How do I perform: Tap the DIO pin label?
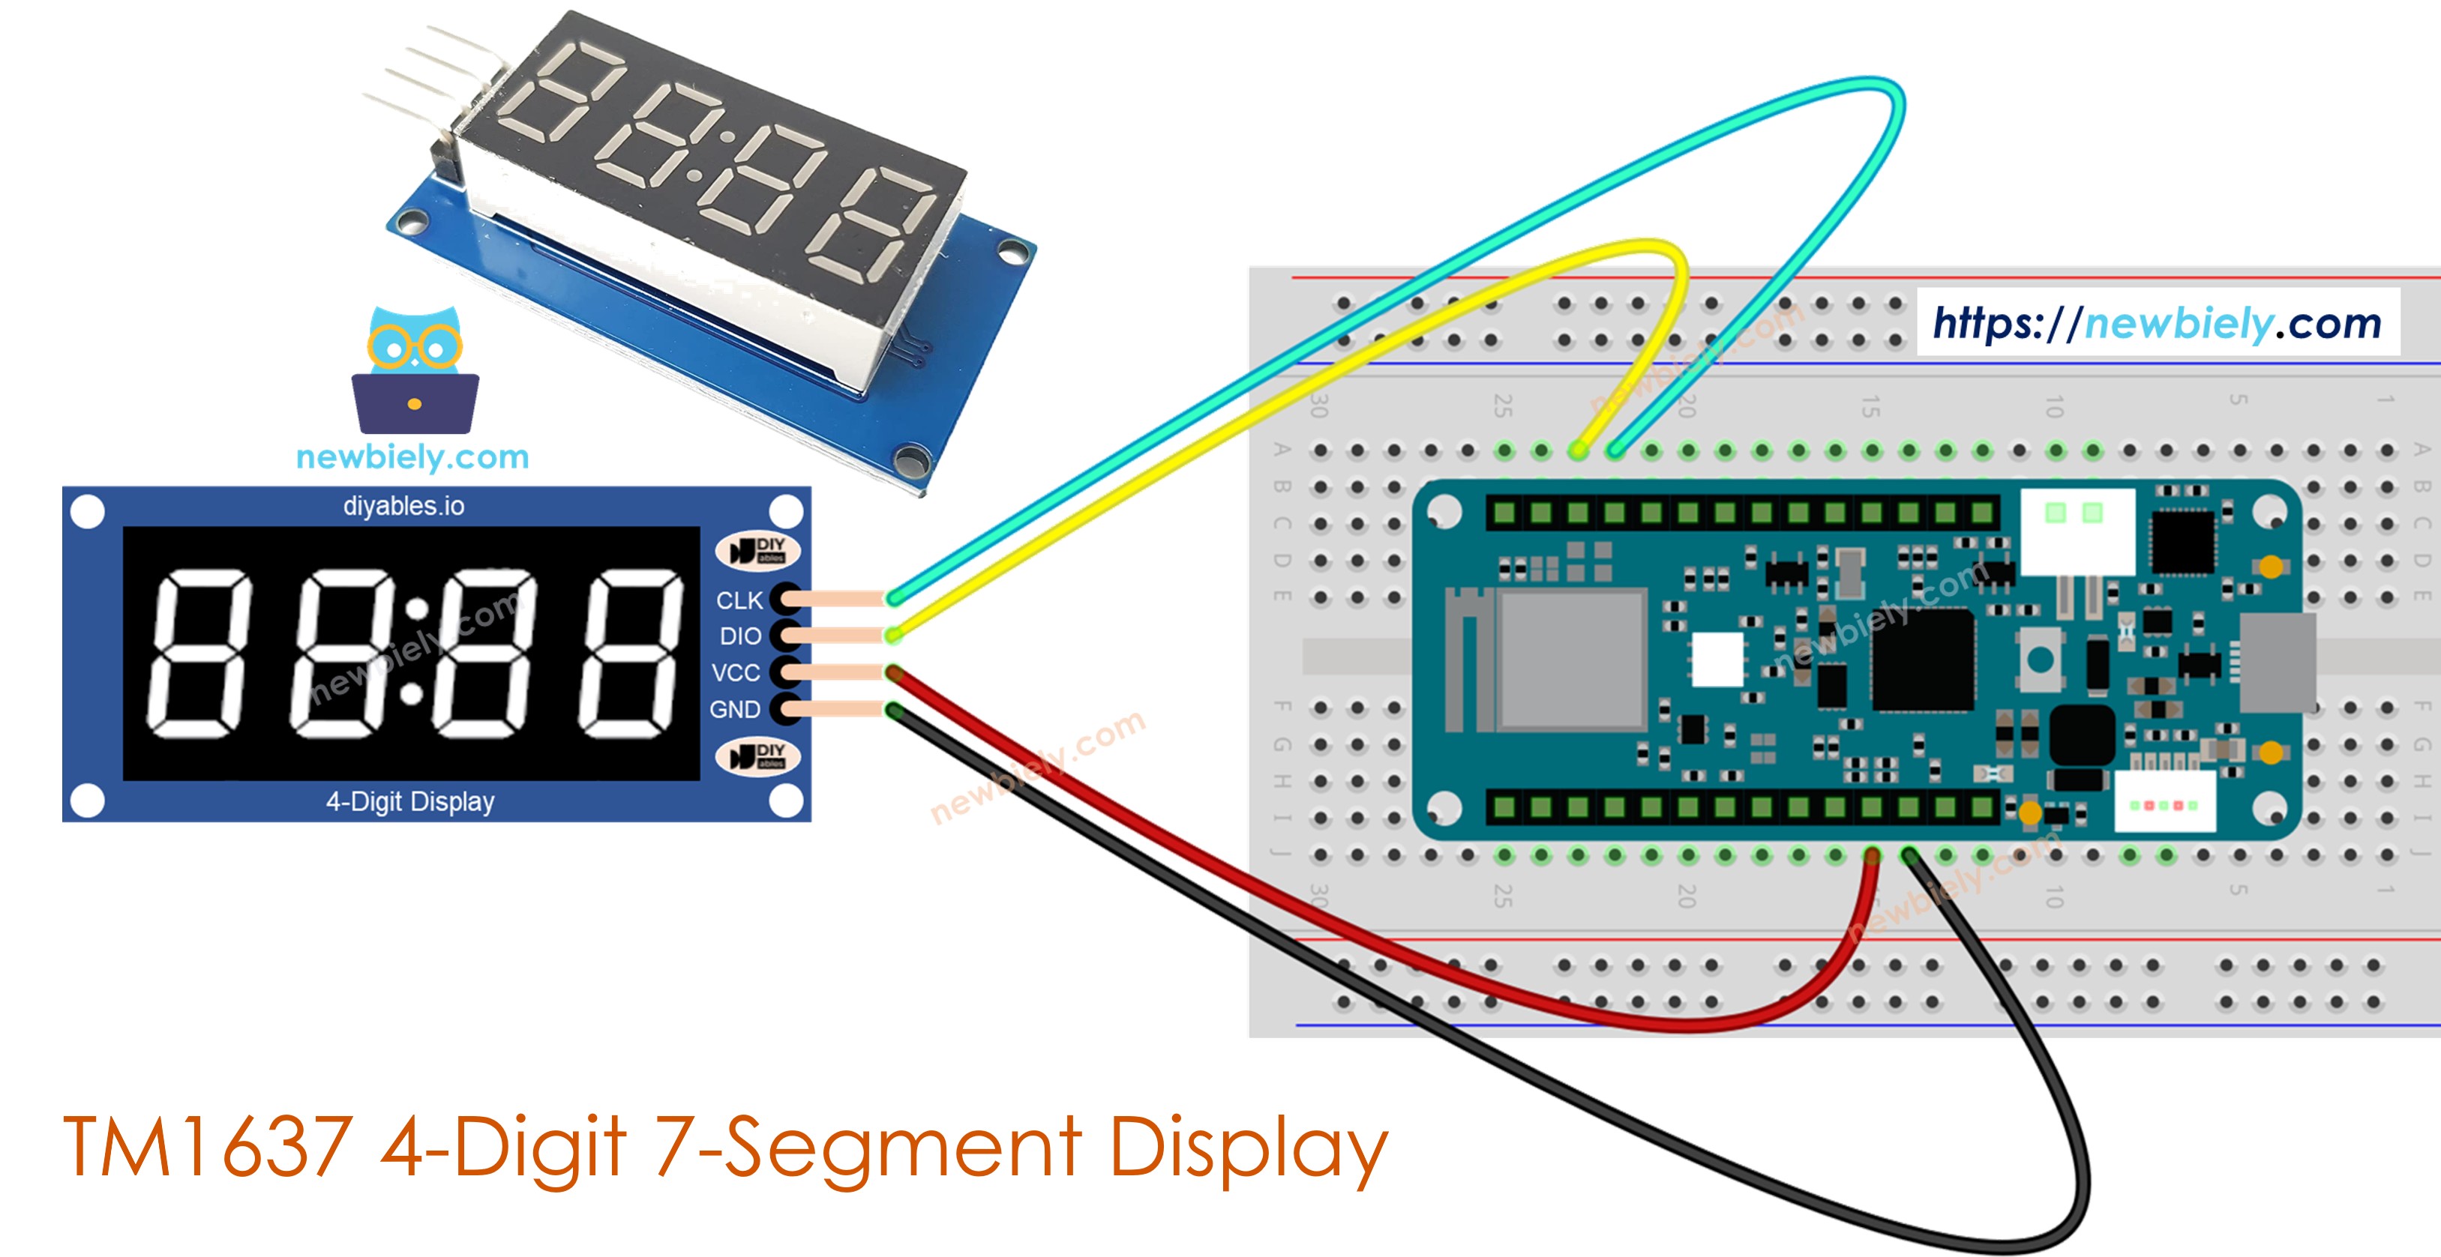pyautogui.click(x=740, y=636)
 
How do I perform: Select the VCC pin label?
pyautogui.click(x=736, y=672)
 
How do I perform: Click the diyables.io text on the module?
pyautogui.click(x=403, y=506)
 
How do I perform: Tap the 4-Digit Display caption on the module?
pyautogui.click(x=409, y=801)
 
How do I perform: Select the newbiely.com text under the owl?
pyautogui.click(x=412, y=457)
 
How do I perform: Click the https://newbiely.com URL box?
pyautogui.click(x=2157, y=323)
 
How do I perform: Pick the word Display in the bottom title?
pyautogui.click(x=1247, y=1147)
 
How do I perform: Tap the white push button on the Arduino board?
pyautogui.click(x=2041, y=660)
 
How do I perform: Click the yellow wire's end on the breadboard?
pyautogui.click(x=1578, y=451)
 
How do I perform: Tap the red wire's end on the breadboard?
pyautogui.click(x=1872, y=855)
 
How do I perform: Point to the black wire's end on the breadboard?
pyautogui.click(x=1909, y=855)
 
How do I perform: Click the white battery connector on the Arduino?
pyautogui.click(x=2077, y=531)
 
